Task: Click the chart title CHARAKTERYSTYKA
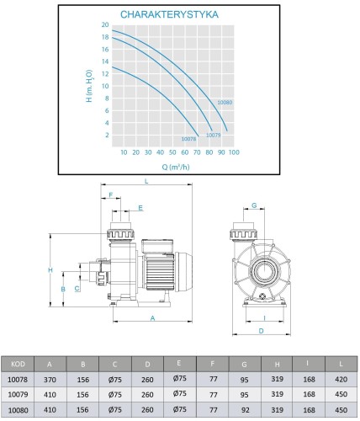(169, 14)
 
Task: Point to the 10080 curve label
(225, 103)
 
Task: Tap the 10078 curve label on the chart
(188, 139)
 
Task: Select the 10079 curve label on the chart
(214, 135)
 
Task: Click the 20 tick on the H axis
(105, 24)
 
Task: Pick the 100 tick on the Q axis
(234, 152)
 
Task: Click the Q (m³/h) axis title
(176, 167)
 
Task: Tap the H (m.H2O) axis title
(89, 86)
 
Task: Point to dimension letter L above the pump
(146, 181)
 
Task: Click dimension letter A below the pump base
(152, 318)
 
